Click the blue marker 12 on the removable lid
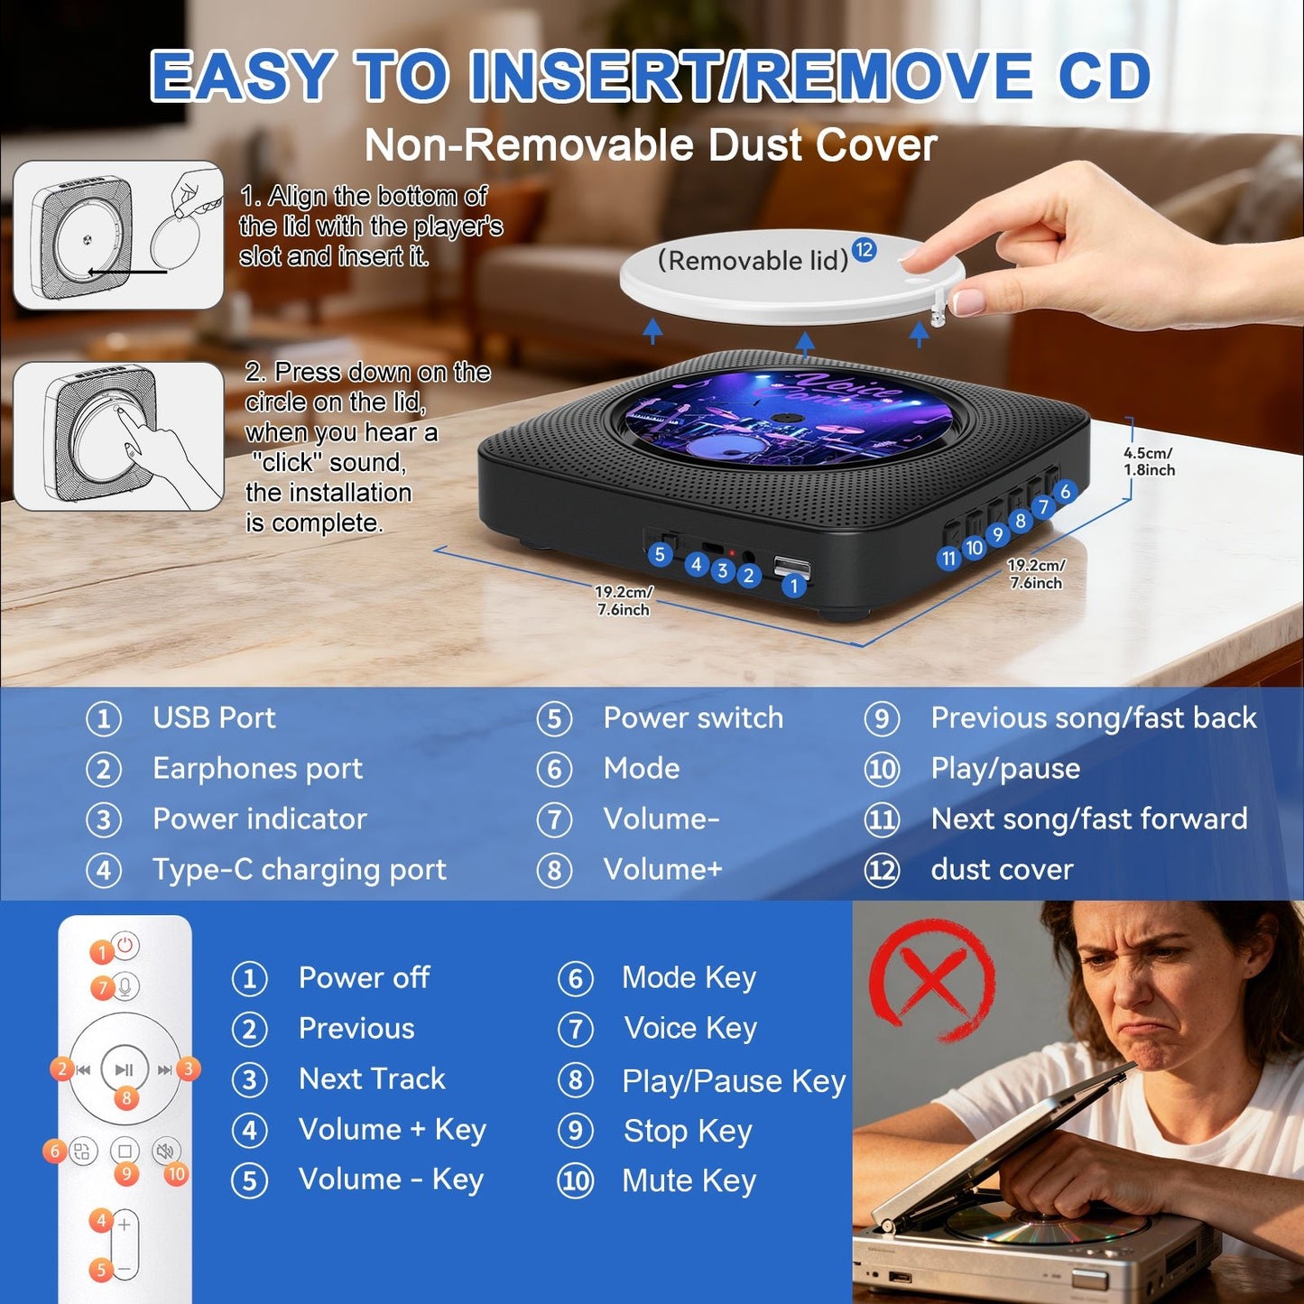[x=864, y=250]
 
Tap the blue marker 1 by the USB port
[x=794, y=586]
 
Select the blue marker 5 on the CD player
[x=660, y=554]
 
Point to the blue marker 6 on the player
[x=1065, y=492]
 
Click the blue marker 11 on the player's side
[x=948, y=559]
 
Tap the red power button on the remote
[x=125, y=946]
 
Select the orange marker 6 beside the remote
[x=55, y=1151]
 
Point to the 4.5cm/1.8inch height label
[x=1149, y=461]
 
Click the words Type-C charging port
[x=299, y=870]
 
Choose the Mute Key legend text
[x=689, y=1180]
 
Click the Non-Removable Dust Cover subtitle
[x=651, y=145]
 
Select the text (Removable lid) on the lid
[x=753, y=261]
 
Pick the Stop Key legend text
[x=688, y=1131]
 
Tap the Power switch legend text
[x=693, y=718]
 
